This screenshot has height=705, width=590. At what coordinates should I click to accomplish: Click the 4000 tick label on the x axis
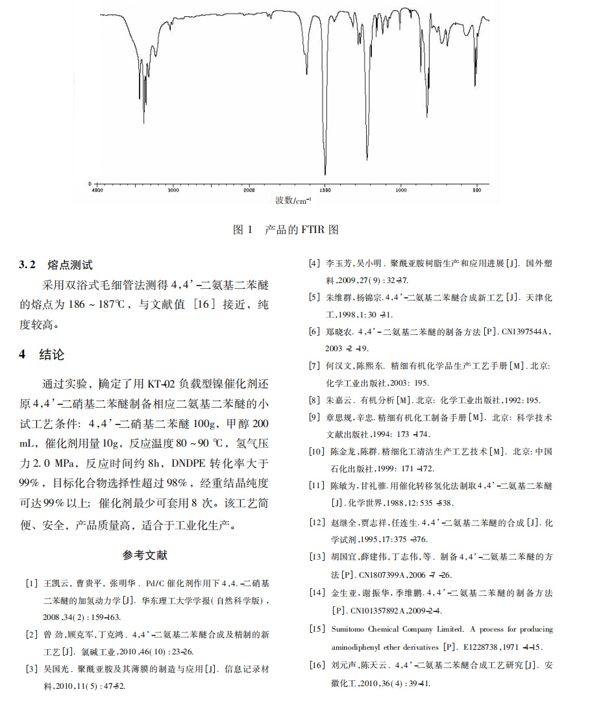click(97, 190)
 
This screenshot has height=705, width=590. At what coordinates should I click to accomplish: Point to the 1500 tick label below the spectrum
click(325, 190)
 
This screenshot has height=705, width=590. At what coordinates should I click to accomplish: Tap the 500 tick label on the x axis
click(477, 190)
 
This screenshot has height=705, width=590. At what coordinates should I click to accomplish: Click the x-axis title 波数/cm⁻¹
click(293, 201)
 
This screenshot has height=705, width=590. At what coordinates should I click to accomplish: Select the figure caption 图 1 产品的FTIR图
click(286, 230)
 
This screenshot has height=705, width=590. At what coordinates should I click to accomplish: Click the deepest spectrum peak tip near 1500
click(325, 174)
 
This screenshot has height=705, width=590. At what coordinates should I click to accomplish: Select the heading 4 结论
click(42, 355)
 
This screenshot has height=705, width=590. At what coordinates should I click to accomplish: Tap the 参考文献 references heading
click(144, 556)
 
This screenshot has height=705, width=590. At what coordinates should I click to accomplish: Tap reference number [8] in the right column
click(315, 400)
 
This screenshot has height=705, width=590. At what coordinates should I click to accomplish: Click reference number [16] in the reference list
click(317, 665)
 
